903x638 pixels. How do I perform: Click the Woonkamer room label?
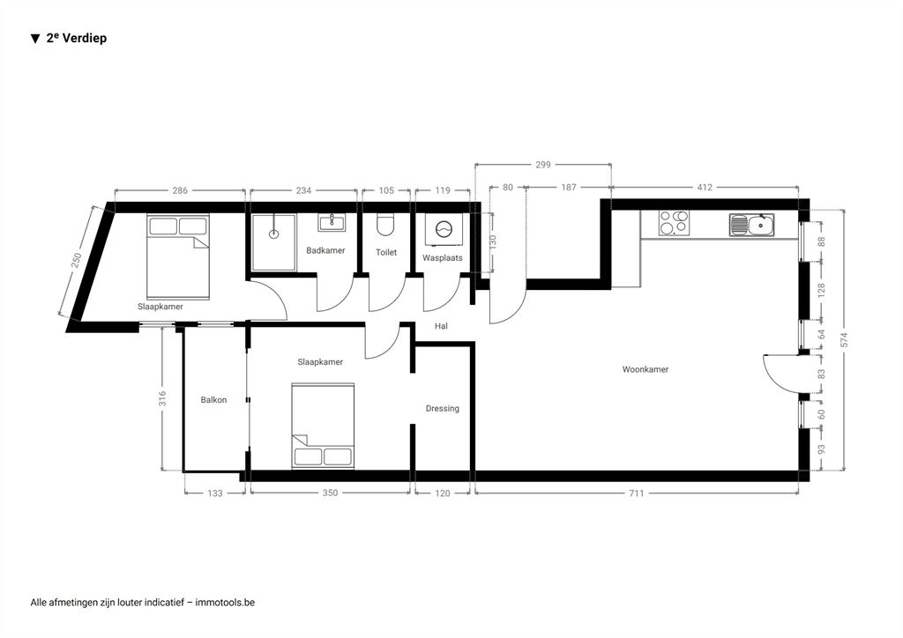tap(645, 369)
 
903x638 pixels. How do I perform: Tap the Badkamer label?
tap(325, 250)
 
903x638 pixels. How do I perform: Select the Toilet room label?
tap(386, 252)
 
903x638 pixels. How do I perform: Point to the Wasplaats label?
tap(443, 257)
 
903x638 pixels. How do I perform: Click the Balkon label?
tap(213, 400)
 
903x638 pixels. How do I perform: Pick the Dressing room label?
tap(443, 409)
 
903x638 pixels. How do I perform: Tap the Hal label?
tap(441, 326)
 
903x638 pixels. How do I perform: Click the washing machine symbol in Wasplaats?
tap(444, 229)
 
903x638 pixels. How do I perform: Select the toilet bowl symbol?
tap(385, 225)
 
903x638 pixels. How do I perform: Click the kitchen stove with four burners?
tap(674, 223)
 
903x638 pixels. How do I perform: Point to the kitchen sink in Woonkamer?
tap(751, 225)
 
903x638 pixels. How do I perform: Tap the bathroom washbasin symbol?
tap(332, 222)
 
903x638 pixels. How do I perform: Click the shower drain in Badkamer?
tap(274, 234)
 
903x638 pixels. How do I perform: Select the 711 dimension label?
tap(636, 493)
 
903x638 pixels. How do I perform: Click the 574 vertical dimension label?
tap(844, 339)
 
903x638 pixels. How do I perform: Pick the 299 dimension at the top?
tap(543, 165)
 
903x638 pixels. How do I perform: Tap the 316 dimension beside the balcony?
tap(162, 398)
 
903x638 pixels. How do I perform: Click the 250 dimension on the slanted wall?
tap(76, 260)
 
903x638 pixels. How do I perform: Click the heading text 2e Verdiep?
tap(77, 38)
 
